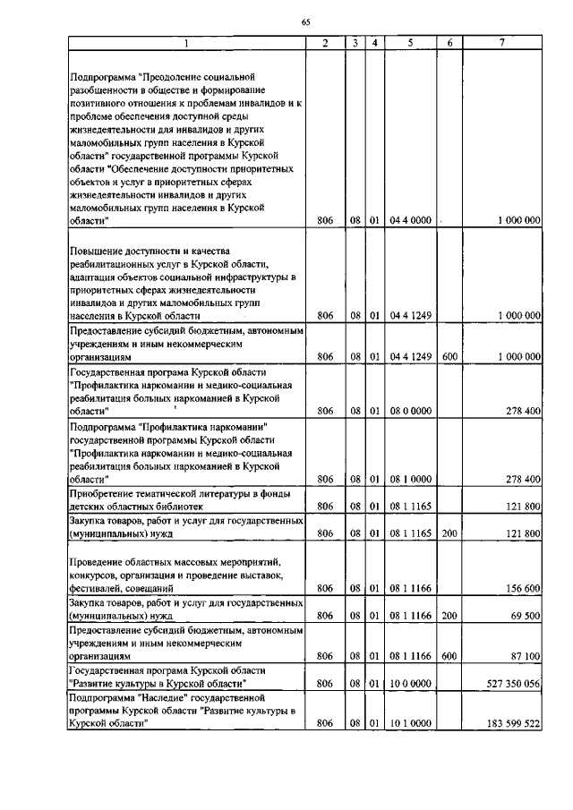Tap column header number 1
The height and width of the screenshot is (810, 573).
186,42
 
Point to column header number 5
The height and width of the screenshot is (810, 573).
411,42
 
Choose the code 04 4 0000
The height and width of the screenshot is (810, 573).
411,220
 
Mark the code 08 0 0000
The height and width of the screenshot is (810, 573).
411,411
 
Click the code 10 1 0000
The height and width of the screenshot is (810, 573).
411,723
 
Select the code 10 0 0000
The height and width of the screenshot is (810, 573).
411,683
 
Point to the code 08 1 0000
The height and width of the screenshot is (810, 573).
411,480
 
